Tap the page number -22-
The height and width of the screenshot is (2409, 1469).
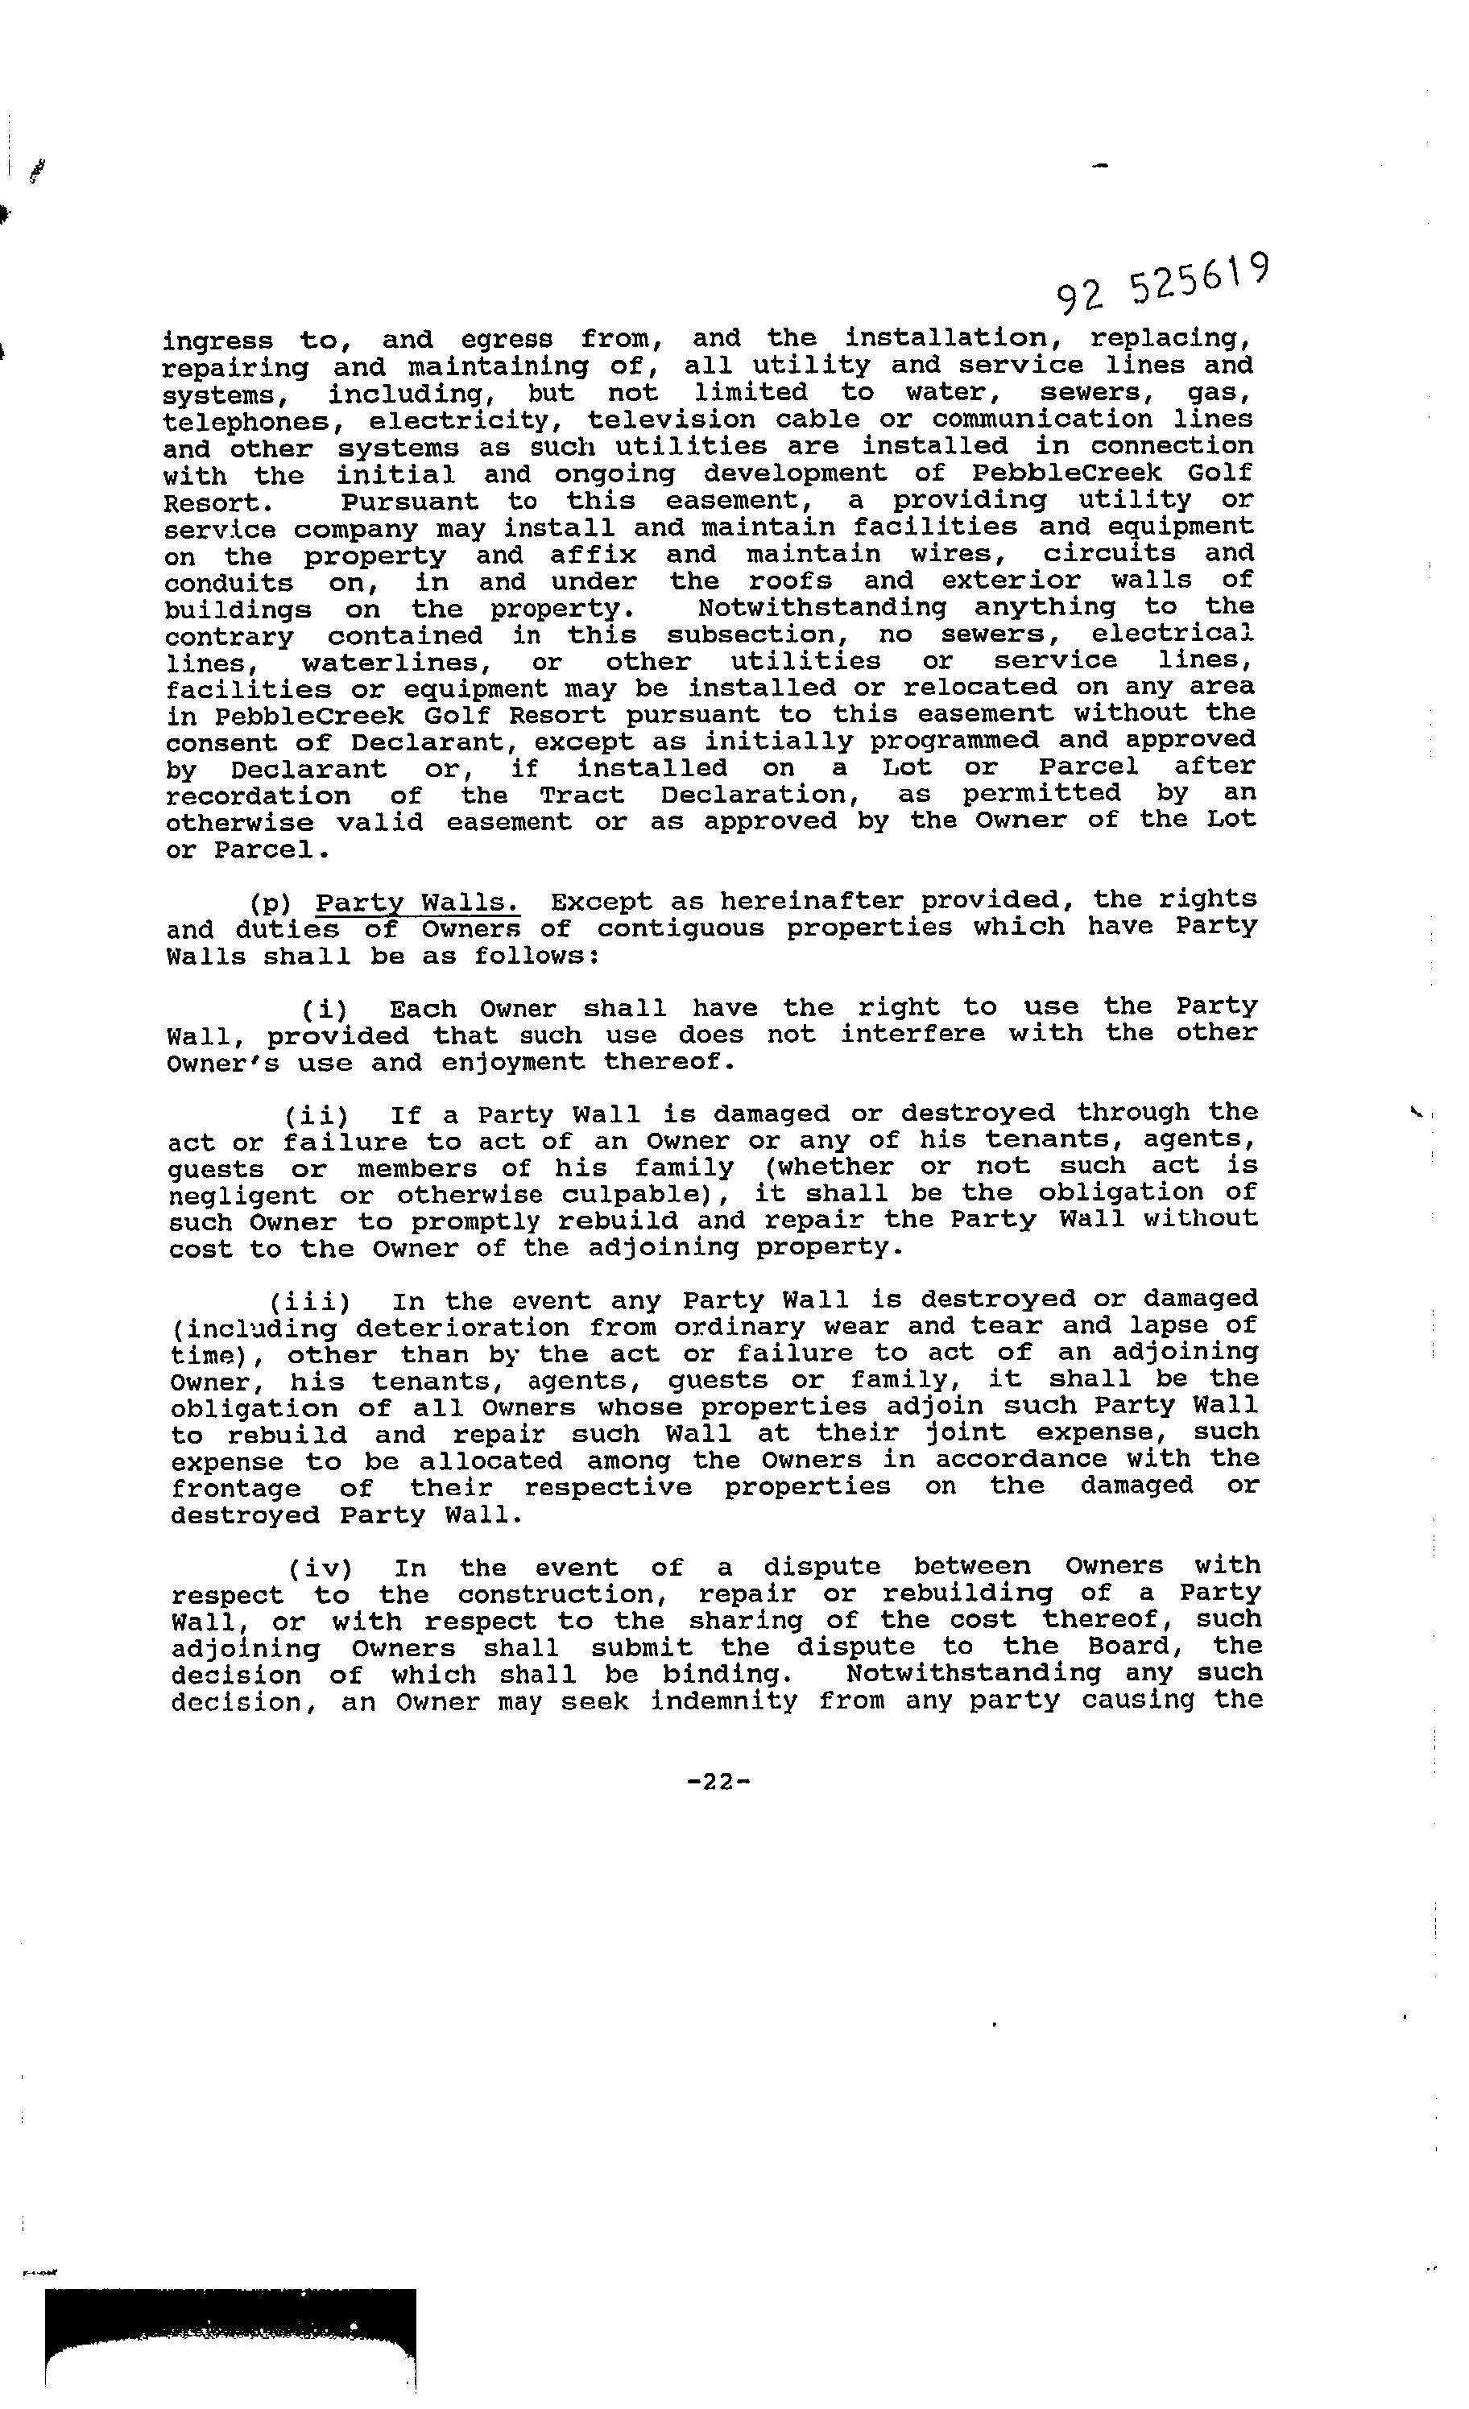(719, 1781)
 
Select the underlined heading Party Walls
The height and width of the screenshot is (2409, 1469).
(418, 902)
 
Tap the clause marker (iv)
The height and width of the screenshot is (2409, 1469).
(320, 1568)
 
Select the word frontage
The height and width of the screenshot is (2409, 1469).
(236, 1489)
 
